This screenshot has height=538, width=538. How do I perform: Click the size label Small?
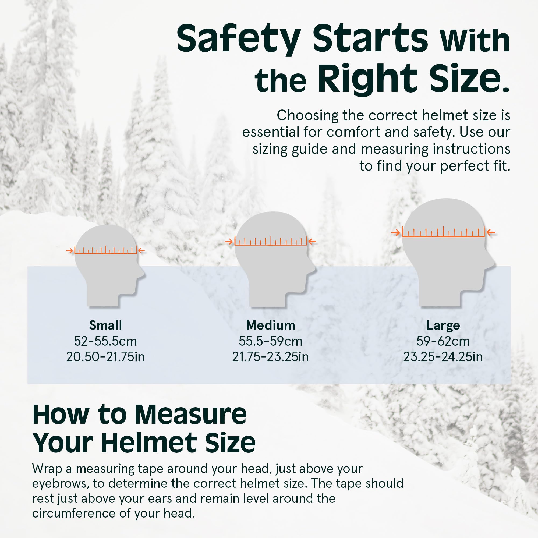[x=105, y=325]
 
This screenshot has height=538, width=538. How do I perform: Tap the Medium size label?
[x=271, y=325]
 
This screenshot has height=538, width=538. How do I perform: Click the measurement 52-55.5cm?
[x=105, y=341]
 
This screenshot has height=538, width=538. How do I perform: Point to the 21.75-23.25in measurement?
[x=270, y=357]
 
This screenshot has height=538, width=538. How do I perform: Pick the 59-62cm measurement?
[x=443, y=341]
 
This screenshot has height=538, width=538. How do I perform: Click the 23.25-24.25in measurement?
[x=443, y=357]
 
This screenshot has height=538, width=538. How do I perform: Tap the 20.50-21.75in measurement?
[x=105, y=357]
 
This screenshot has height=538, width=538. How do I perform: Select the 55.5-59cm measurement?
[x=271, y=341]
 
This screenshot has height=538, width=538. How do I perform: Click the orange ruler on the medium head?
[x=271, y=241]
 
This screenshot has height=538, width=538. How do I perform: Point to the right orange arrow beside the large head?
[x=491, y=232]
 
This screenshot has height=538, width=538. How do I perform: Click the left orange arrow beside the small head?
[x=70, y=251]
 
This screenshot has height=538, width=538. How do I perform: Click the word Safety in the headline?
[x=239, y=39]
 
